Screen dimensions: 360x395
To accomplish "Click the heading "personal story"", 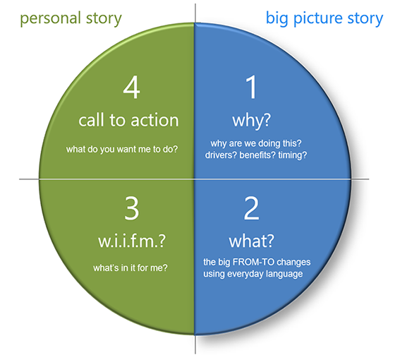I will [x=71, y=18].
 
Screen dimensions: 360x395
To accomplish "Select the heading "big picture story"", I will [x=324, y=18].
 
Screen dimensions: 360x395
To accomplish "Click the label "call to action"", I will [x=128, y=119].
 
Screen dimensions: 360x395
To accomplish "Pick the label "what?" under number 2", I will [x=251, y=240].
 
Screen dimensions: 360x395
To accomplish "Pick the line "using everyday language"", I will [x=254, y=274].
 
